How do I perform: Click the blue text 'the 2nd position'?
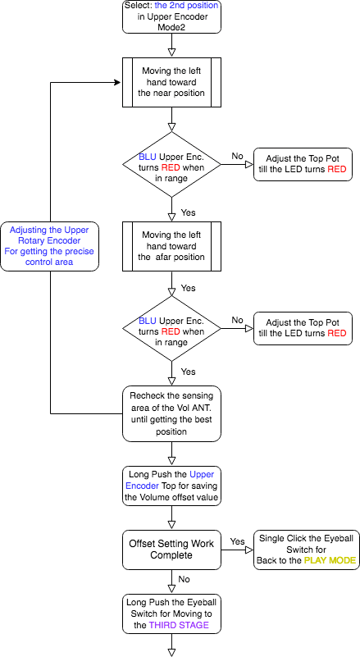(x=186, y=6)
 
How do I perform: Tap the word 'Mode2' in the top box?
(x=171, y=28)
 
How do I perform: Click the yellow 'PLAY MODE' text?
(x=330, y=560)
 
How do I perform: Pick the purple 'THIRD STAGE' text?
(x=179, y=625)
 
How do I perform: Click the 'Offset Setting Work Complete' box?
(x=171, y=550)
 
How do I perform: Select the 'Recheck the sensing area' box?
(x=171, y=413)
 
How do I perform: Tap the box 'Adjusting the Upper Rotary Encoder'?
(x=50, y=246)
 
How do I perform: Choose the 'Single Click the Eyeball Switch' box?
(x=307, y=550)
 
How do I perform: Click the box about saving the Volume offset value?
(x=171, y=486)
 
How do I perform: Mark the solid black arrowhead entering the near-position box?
(x=117, y=82)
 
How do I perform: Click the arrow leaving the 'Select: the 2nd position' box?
(x=171, y=44)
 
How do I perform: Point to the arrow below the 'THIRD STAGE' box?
(x=171, y=645)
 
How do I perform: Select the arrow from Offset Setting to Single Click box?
(x=237, y=550)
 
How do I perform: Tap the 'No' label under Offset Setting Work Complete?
(x=185, y=579)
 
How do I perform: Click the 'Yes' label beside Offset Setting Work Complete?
(x=237, y=541)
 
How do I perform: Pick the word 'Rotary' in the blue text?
(x=31, y=240)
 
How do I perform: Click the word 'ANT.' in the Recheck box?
(x=200, y=408)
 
